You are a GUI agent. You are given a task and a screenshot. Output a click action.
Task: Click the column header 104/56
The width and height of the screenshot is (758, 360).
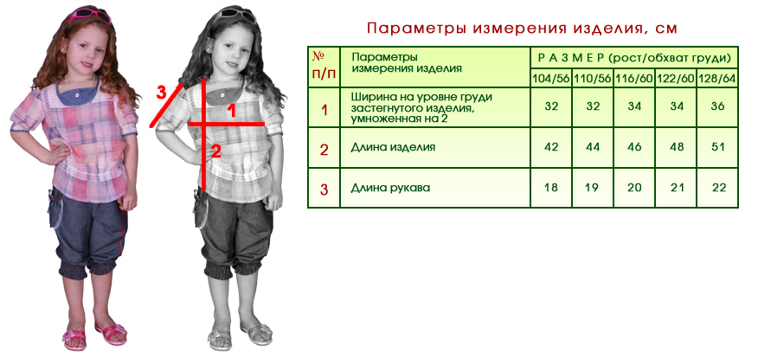click(x=551, y=78)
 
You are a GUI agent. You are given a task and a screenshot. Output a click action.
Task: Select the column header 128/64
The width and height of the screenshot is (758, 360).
click(x=717, y=78)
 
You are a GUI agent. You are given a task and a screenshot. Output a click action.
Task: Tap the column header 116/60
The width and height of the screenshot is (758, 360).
click(x=634, y=78)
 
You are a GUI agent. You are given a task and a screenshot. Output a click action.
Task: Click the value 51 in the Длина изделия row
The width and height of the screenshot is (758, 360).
click(x=718, y=147)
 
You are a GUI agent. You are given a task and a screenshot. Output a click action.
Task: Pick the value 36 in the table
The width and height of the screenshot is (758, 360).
click(x=718, y=106)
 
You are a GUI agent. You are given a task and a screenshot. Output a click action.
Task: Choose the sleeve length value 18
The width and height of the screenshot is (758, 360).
click(x=551, y=187)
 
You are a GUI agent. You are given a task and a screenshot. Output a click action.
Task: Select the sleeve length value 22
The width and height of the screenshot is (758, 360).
click(x=719, y=187)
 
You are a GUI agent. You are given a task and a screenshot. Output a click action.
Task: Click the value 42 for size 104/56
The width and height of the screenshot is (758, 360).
click(x=551, y=147)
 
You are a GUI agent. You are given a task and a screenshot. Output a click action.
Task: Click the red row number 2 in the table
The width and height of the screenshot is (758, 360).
click(x=324, y=150)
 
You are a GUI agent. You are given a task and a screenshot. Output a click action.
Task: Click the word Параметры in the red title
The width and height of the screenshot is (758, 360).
click(x=416, y=28)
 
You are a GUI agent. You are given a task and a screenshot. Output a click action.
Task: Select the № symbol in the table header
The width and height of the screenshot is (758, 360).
click(x=318, y=56)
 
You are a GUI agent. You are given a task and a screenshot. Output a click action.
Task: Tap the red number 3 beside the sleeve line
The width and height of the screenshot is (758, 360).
click(x=162, y=93)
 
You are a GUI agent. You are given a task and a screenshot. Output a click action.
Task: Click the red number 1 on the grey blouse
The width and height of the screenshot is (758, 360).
click(x=232, y=112)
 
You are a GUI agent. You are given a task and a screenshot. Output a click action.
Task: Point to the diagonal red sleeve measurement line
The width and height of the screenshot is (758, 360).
click(x=166, y=106)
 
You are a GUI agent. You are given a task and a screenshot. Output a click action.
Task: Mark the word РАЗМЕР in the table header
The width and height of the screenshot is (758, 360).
click(x=571, y=59)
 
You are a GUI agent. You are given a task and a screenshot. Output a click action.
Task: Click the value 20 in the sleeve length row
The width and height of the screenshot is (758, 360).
click(x=634, y=187)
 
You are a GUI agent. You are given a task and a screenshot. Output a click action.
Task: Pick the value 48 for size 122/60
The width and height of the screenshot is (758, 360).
click(x=677, y=147)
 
